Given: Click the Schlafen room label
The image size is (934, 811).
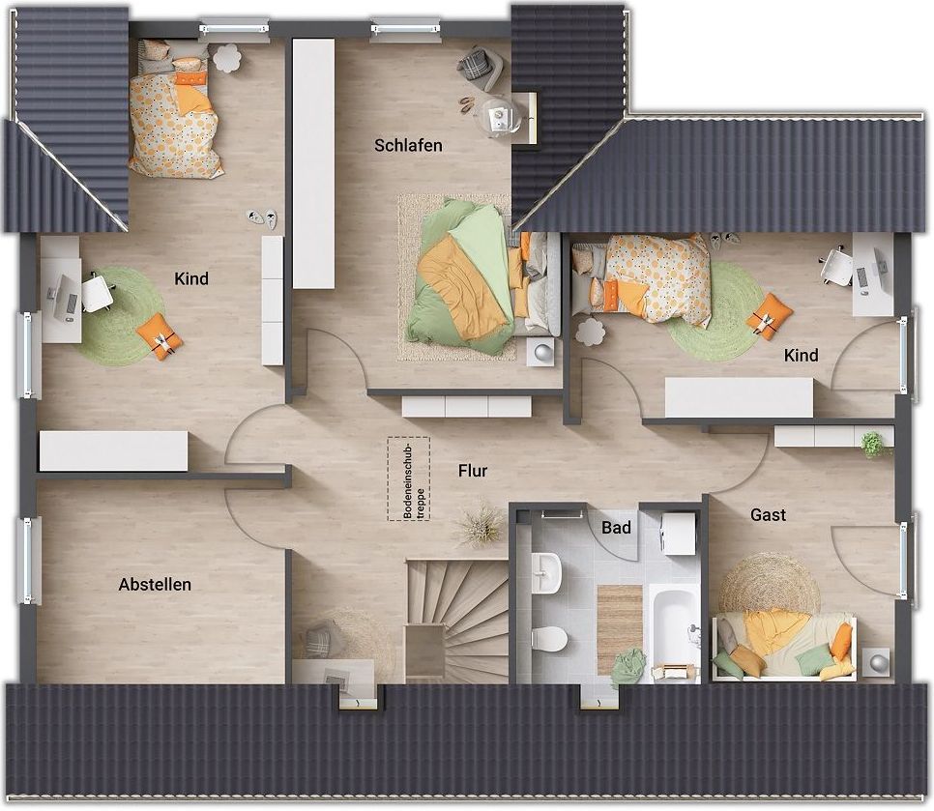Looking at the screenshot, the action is click(408, 145).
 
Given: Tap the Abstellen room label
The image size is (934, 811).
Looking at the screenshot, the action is click(155, 584).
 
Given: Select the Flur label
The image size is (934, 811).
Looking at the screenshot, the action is click(473, 471).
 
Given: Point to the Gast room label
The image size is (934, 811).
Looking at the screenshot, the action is click(769, 514).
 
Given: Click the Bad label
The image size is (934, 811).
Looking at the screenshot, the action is click(616, 528).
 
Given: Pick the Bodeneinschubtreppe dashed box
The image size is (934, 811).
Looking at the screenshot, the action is click(409, 478).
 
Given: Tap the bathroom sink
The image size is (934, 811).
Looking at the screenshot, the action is click(545, 572).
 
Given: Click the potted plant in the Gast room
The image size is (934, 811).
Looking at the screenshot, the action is click(873, 445).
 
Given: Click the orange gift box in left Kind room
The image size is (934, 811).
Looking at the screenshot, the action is click(160, 337).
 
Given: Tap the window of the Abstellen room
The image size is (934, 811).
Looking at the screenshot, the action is click(27, 561).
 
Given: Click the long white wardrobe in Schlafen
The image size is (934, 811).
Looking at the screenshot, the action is click(313, 163).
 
